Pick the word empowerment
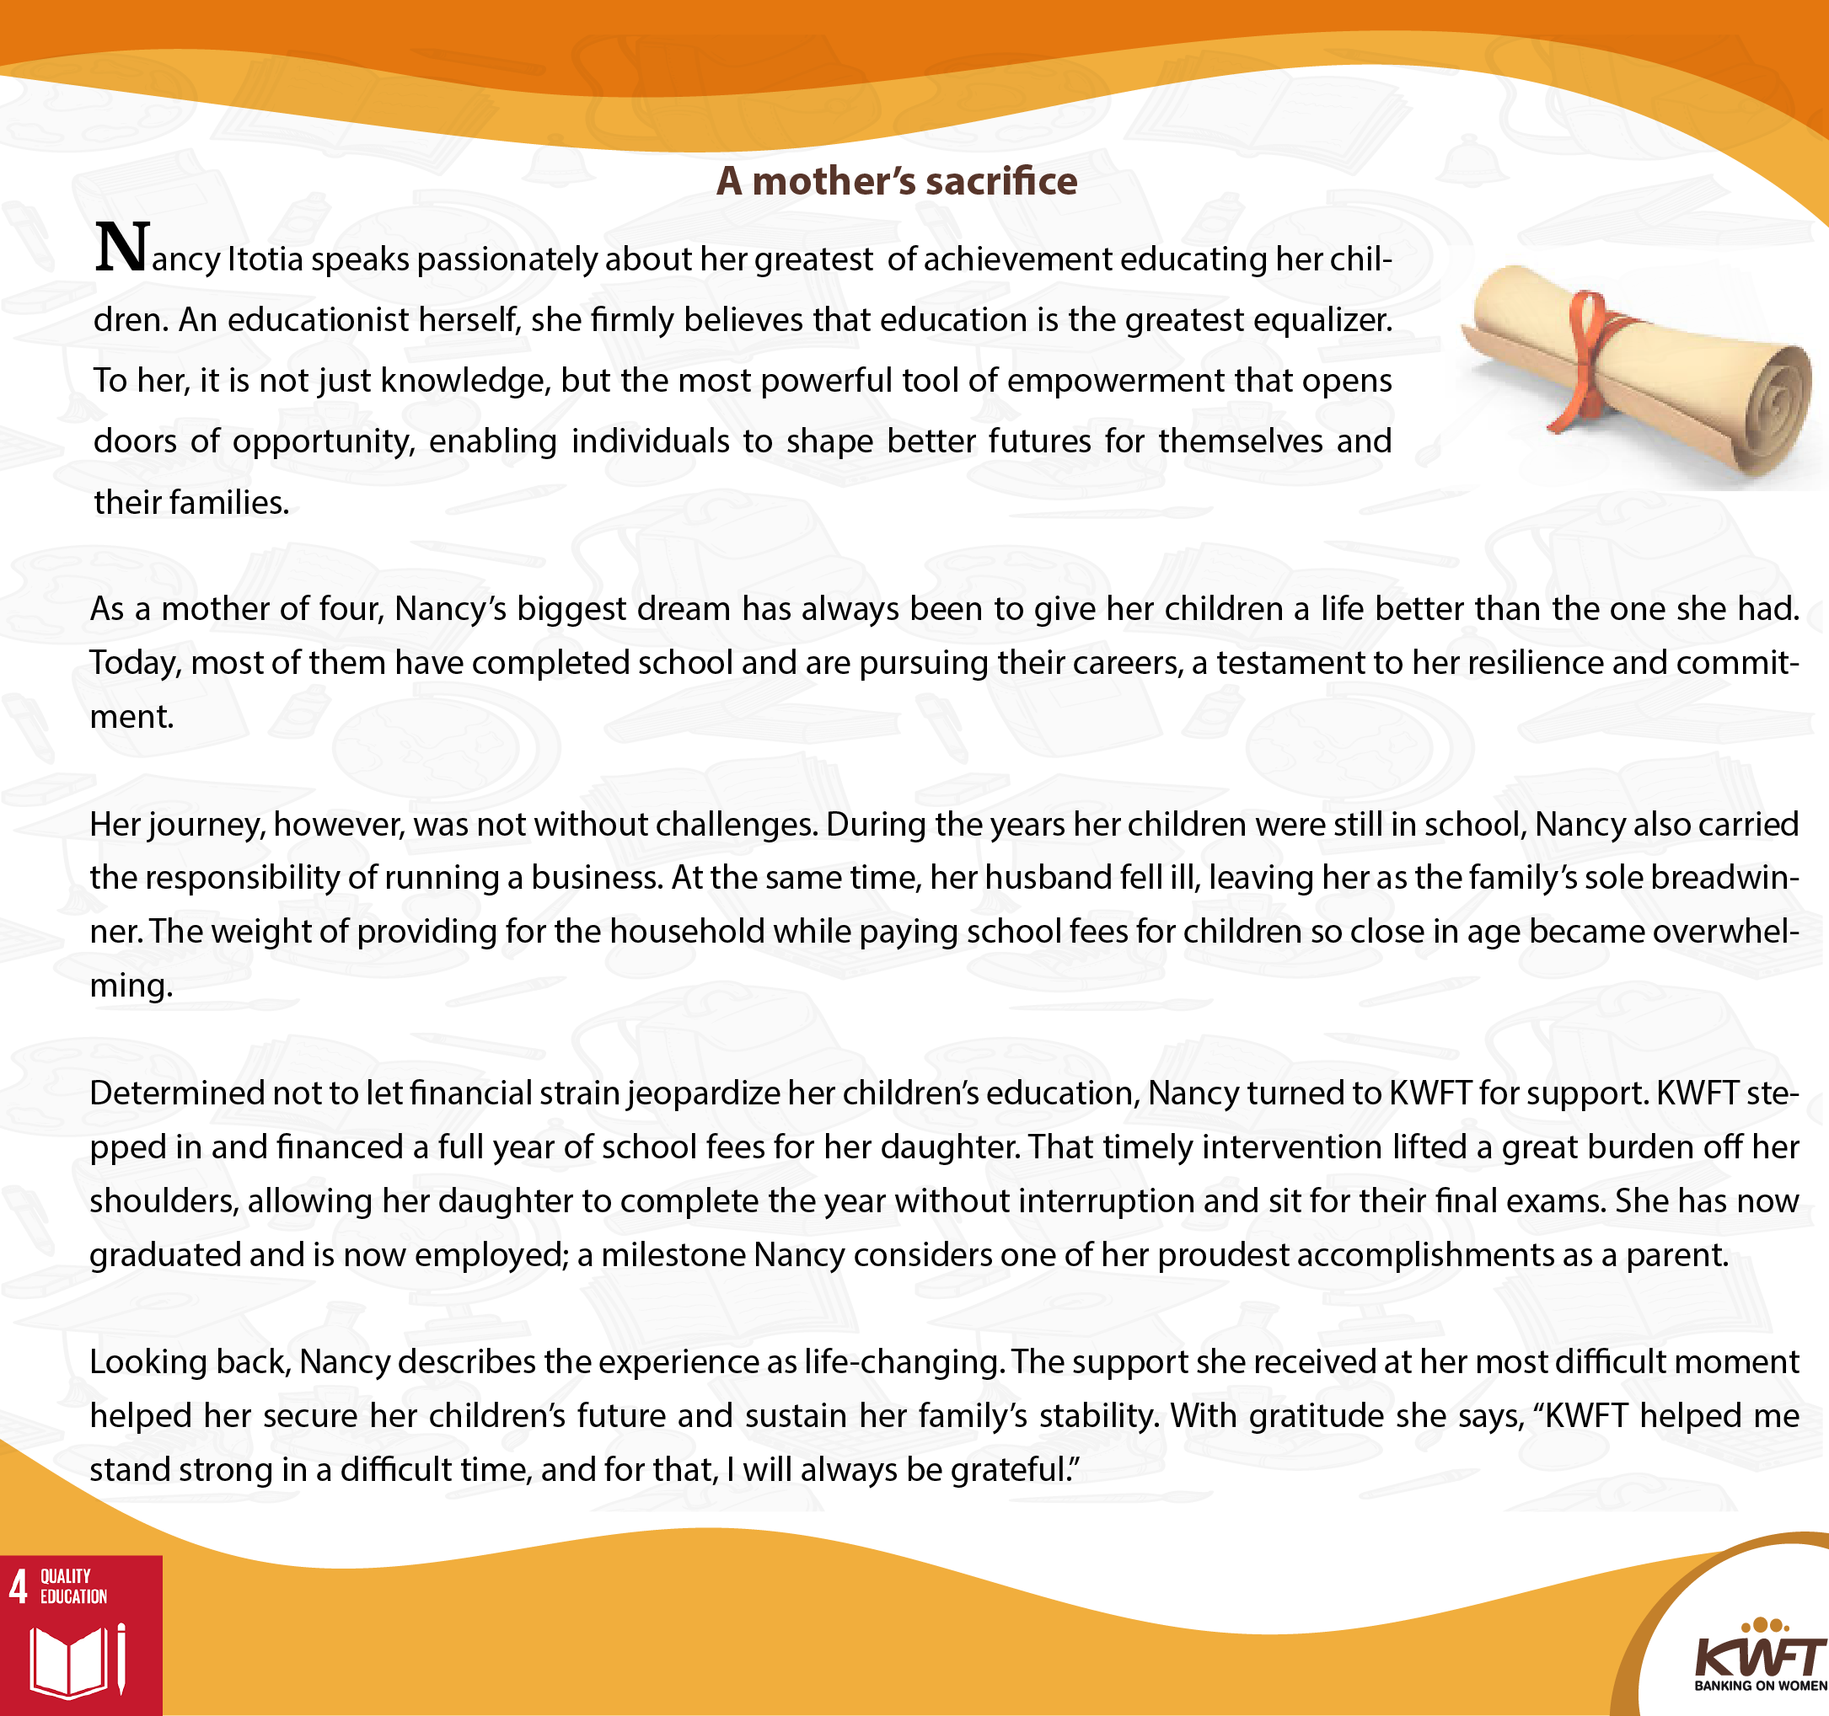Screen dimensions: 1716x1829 pyautogui.click(x=1115, y=382)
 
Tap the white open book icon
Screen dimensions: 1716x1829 pyautogui.click(x=69, y=1662)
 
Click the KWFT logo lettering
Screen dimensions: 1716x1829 pyautogui.click(x=1759, y=1657)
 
